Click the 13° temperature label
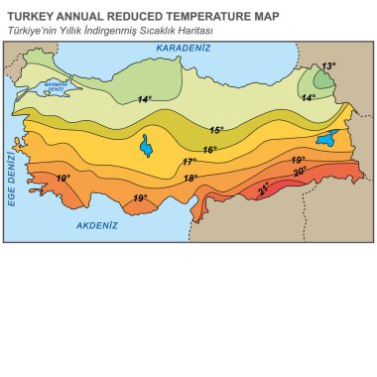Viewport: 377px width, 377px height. click(x=328, y=66)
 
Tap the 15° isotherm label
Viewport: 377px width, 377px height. click(x=216, y=130)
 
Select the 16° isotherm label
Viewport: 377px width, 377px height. click(x=209, y=150)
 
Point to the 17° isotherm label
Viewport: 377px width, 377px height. click(x=189, y=162)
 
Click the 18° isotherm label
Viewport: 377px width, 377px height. click(x=191, y=179)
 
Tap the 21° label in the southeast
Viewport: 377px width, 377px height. click(x=263, y=188)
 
